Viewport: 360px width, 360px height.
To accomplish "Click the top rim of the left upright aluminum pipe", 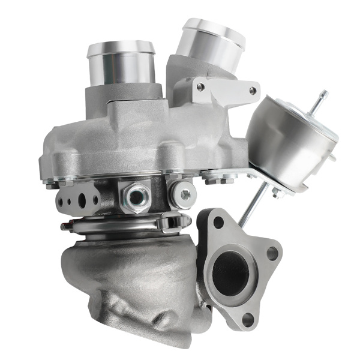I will [120, 48].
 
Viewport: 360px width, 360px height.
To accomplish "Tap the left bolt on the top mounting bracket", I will [200, 87].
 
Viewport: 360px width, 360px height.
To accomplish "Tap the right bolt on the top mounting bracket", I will [253, 91].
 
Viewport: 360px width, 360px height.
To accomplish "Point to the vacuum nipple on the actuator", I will [322, 99].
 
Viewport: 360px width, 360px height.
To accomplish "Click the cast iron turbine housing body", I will [132, 282].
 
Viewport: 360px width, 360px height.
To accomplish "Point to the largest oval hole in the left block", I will [92, 197].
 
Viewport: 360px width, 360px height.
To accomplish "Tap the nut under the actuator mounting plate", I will [277, 193].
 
